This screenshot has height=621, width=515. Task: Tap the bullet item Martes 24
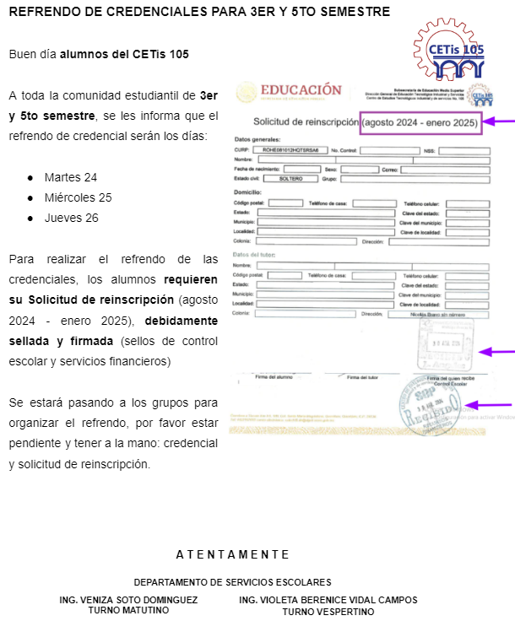click(71, 177)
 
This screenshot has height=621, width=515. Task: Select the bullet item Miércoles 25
click(78, 197)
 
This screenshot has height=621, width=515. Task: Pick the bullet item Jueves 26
click(72, 218)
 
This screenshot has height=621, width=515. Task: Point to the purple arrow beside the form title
click(500, 121)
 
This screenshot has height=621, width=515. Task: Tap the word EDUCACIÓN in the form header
click(301, 90)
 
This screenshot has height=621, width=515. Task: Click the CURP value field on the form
click(290, 150)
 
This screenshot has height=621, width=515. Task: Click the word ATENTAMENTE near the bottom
click(232, 554)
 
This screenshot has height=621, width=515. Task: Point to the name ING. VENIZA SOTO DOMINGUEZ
click(129, 600)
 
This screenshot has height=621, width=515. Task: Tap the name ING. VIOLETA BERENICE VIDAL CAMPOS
click(328, 600)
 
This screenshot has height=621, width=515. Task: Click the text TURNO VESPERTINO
click(328, 612)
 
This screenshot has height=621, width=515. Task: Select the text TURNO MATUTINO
click(129, 612)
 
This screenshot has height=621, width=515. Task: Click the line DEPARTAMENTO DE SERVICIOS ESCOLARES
click(232, 582)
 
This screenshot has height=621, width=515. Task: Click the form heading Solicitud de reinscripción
click(306, 122)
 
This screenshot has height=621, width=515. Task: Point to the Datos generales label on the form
click(257, 139)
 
